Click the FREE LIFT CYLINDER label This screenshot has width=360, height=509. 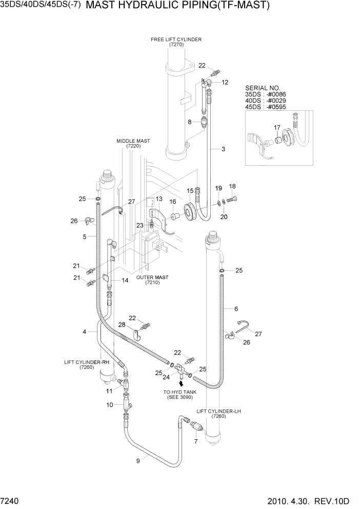(176, 42)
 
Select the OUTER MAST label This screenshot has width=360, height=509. (152, 280)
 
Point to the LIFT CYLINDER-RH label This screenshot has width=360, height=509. (87, 365)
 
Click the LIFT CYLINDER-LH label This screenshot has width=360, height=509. (219, 414)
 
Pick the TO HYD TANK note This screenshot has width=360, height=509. (179, 395)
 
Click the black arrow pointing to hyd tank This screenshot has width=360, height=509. (181, 382)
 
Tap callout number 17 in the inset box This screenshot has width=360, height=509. (276, 127)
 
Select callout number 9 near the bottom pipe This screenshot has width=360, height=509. (138, 461)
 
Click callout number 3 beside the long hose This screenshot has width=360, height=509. (223, 149)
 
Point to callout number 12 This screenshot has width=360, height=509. (225, 82)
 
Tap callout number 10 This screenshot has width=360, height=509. (110, 405)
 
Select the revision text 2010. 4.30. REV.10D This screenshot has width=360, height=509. (315, 500)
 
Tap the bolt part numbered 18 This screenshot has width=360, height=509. (233, 199)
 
